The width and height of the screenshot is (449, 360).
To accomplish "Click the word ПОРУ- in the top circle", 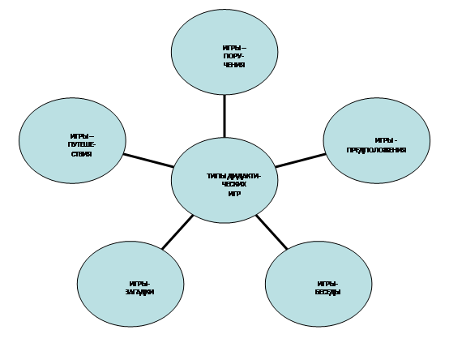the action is pyautogui.click(x=234, y=56).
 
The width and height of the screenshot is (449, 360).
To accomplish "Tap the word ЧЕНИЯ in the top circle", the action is pyautogui.click(x=234, y=65).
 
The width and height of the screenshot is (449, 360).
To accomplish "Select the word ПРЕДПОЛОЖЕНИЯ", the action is pyautogui.click(x=376, y=150).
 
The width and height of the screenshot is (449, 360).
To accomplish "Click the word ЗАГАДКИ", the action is pyautogui.click(x=139, y=293).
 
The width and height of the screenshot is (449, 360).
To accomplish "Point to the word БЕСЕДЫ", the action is pyautogui.click(x=328, y=293).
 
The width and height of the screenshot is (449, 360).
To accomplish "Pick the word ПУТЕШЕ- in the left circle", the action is pyautogui.click(x=82, y=145).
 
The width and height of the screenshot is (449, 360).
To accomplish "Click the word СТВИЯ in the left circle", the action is pyautogui.click(x=82, y=154).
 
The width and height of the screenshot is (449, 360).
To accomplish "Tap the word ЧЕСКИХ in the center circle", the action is pyautogui.click(x=234, y=184).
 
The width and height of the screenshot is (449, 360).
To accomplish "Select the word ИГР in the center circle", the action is pyautogui.click(x=234, y=194).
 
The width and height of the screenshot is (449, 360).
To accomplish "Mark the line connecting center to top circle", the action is pyautogui.click(x=224, y=116).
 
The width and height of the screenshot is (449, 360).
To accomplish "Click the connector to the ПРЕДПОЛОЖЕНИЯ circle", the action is pyautogui.click(x=301, y=161).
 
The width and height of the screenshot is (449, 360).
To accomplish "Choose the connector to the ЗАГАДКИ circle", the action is pyautogui.click(x=177, y=232).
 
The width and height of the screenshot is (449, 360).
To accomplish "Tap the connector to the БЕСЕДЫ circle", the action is pyautogui.click(x=272, y=232).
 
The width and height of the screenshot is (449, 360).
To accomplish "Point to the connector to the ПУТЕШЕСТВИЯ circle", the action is pyautogui.click(x=148, y=161).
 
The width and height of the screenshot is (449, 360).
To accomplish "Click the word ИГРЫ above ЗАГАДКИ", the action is pyautogui.click(x=139, y=284).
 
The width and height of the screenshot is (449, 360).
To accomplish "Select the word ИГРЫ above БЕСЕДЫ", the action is pyautogui.click(x=328, y=284).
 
